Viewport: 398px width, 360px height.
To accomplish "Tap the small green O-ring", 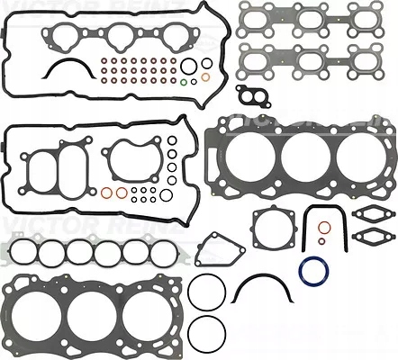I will (x=183, y=84).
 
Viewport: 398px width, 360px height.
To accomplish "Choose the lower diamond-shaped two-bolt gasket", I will (x=369, y=238).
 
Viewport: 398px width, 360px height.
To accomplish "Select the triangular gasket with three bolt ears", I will (x=218, y=248).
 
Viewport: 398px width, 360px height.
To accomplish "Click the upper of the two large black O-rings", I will (x=208, y=292).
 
